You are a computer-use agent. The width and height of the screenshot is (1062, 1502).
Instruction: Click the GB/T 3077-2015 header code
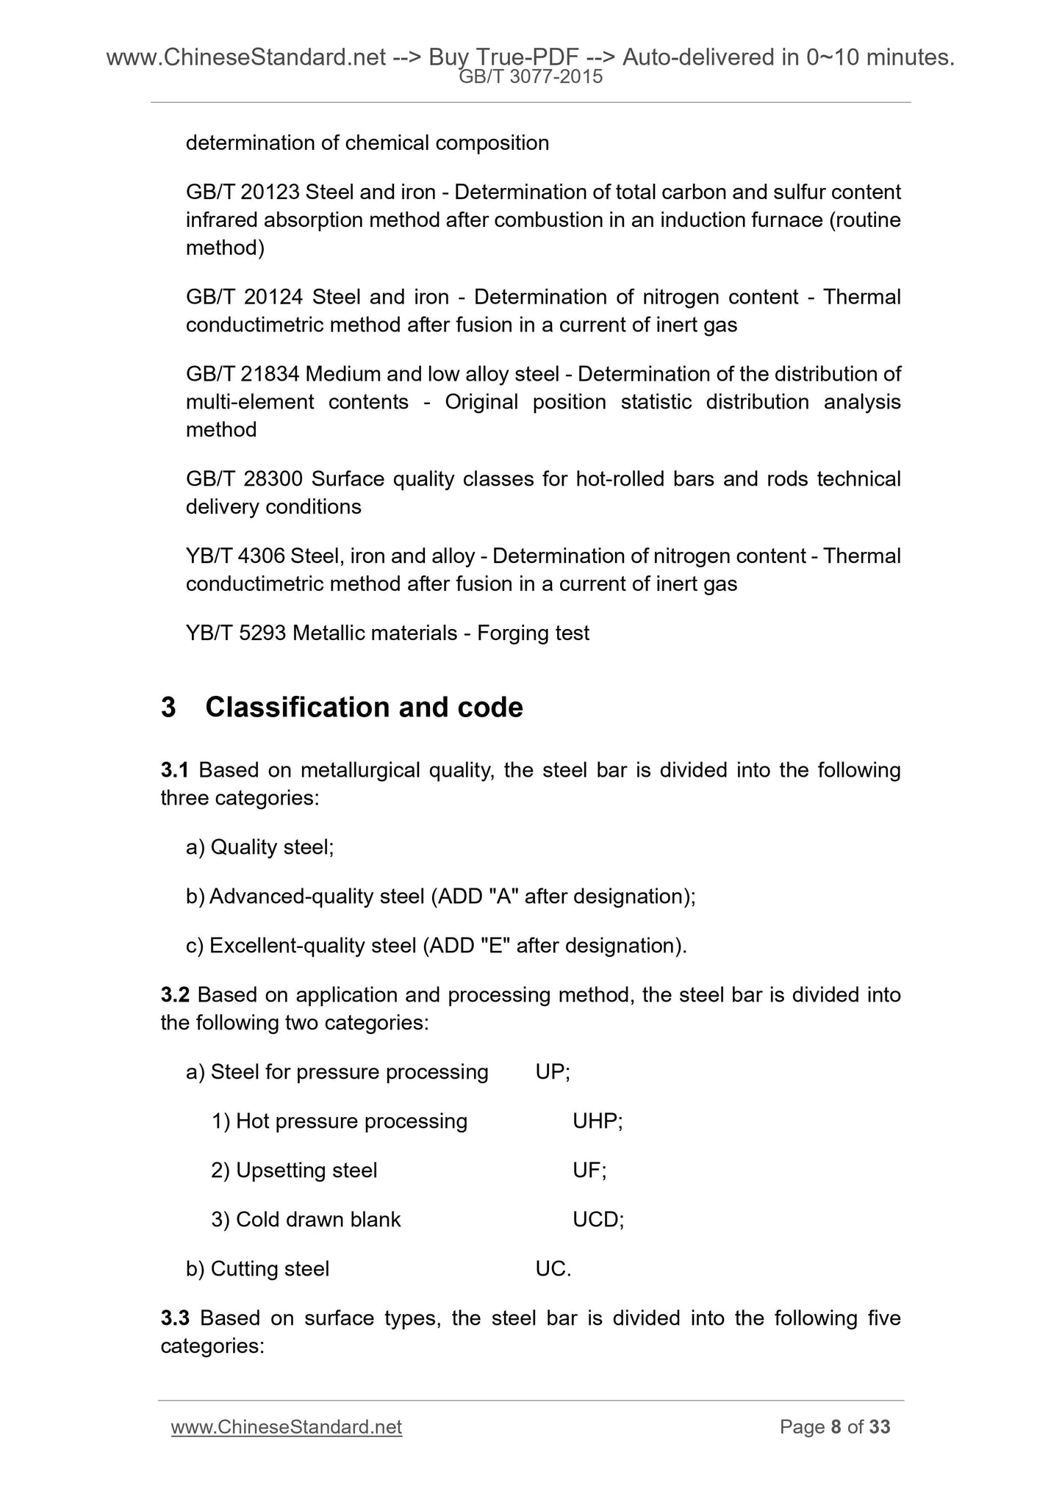530,76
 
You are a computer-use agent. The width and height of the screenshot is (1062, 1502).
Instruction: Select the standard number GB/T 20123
243,193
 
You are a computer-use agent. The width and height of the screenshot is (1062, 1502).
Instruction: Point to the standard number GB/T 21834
243,374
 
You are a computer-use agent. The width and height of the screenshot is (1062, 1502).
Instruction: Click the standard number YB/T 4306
235,556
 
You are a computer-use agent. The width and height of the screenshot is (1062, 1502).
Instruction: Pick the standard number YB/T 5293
236,633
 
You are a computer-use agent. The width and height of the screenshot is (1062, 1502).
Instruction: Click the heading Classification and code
364,707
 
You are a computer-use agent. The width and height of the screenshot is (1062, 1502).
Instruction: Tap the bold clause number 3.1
175,770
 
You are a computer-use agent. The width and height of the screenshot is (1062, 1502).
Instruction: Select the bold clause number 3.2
175,995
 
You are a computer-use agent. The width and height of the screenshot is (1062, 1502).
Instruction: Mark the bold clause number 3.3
175,1318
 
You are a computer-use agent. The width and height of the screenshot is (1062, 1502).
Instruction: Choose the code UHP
596,1121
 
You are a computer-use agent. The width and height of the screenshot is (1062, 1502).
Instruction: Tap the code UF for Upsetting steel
587,1171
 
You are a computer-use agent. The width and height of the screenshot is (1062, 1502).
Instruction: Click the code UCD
596,1220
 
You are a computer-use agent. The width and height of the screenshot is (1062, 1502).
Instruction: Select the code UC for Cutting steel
551,1269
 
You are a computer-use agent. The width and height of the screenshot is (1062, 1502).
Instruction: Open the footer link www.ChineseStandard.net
286,1427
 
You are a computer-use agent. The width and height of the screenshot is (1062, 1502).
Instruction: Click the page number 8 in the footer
836,1427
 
